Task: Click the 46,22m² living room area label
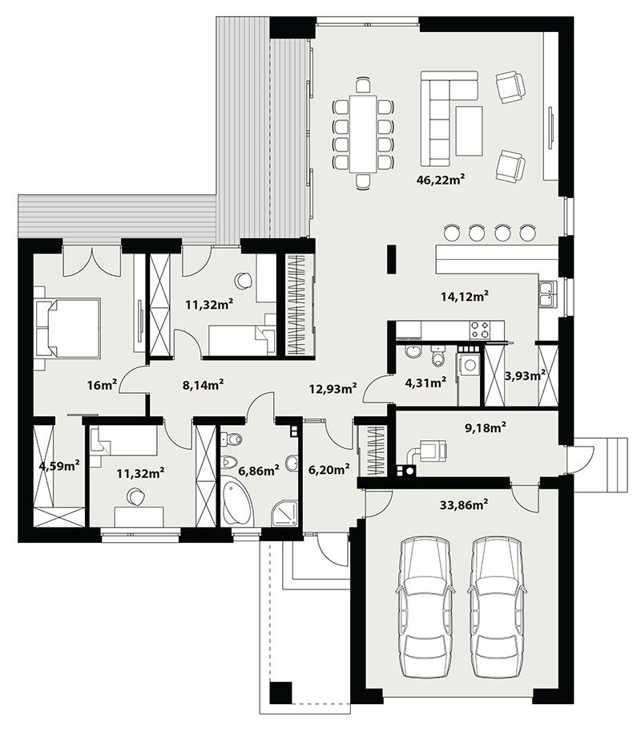click(441, 180)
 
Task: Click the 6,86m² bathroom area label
click(258, 471)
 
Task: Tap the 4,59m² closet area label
click(59, 465)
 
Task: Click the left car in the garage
click(425, 607)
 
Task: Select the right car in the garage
click(498, 607)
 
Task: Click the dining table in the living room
click(363, 133)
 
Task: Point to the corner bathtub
click(237, 503)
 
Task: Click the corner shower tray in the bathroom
click(284, 512)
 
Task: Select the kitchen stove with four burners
click(480, 330)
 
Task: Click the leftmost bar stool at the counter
click(452, 232)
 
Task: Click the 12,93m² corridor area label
click(333, 387)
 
